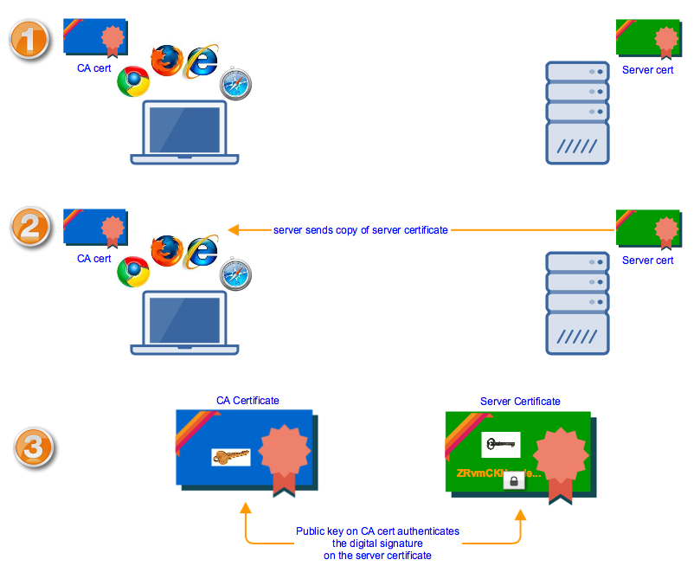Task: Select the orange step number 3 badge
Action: point(34,447)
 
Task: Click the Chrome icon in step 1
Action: point(132,81)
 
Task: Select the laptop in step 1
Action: point(184,132)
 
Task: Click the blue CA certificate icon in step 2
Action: point(93,227)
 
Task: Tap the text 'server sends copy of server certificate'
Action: point(361,230)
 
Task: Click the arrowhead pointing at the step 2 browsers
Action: point(234,230)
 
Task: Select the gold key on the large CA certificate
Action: point(231,456)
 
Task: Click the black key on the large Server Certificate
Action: point(500,444)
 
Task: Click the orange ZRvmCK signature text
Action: point(498,474)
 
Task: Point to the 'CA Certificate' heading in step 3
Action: point(247,401)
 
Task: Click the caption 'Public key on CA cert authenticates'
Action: point(377,531)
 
